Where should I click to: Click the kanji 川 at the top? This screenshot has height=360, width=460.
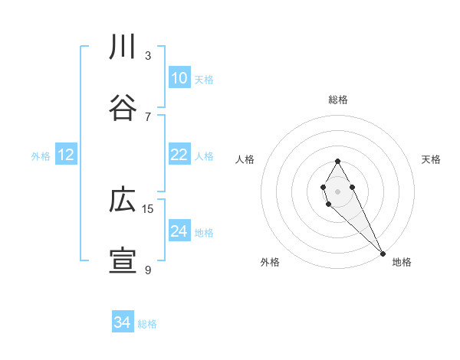pos(123,47)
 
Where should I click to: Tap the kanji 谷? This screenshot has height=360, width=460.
pos(123,107)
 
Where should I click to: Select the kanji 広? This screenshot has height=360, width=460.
pos(123,201)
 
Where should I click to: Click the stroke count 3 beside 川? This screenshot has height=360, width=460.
pos(148,55)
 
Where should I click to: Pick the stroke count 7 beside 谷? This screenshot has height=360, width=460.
pos(148,116)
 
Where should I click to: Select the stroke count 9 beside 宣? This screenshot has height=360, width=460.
pos(148,270)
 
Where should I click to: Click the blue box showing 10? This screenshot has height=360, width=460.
pos(179,78)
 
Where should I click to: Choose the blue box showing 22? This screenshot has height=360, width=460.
pos(179,155)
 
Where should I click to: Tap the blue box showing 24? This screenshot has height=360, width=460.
pos(179,231)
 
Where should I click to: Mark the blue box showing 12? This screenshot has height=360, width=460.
pos(66,155)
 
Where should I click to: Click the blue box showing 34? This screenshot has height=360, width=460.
pos(123,322)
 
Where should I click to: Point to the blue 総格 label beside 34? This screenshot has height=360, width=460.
pos(147,324)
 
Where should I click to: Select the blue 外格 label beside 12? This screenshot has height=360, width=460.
pos(41,156)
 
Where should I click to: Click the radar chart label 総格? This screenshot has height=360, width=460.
pos(338,100)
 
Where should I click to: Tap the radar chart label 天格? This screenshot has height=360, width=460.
pos(432,159)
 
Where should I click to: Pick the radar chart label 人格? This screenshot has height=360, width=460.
pos(245,159)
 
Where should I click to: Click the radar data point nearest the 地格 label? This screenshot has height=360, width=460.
pos(383,252)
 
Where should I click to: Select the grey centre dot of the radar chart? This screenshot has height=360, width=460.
pos(337,190)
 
